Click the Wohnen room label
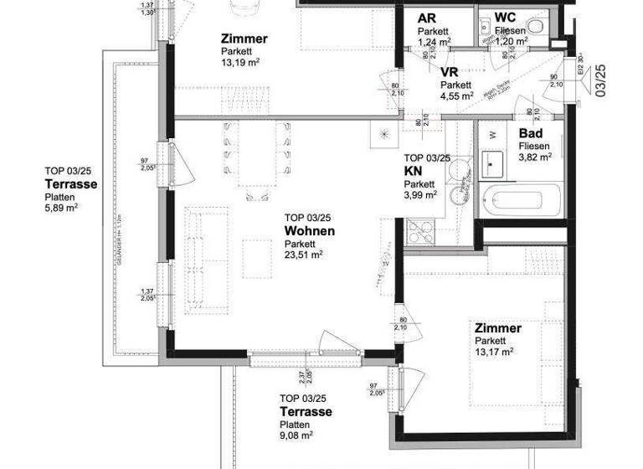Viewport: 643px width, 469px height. click(309, 231)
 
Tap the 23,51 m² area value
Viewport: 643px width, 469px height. click(303, 255)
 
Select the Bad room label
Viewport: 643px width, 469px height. click(531, 134)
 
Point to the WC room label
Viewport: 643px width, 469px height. click(506, 18)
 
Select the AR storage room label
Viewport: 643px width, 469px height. click(426, 18)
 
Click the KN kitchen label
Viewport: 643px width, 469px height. click(413, 170)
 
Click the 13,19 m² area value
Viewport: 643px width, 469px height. click(239, 62)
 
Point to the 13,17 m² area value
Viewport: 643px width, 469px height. click(494, 352)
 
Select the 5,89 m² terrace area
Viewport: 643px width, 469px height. click(61, 209)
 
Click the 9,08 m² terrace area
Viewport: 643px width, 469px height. click(296, 435)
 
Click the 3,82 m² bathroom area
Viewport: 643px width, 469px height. click(535, 157)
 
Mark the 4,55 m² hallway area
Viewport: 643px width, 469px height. click(457, 95)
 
